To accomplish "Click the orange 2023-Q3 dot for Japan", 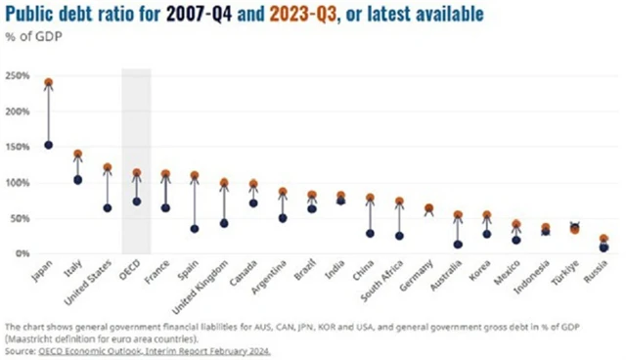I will (49, 83).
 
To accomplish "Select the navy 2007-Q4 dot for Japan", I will (49, 145).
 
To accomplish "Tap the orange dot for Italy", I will (78, 155).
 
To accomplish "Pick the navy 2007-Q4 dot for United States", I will (107, 207).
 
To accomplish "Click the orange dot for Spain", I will (195, 176).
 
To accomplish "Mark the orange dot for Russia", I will (604, 239).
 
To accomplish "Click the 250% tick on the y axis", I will (18, 75).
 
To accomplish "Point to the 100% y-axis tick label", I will (18, 183).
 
